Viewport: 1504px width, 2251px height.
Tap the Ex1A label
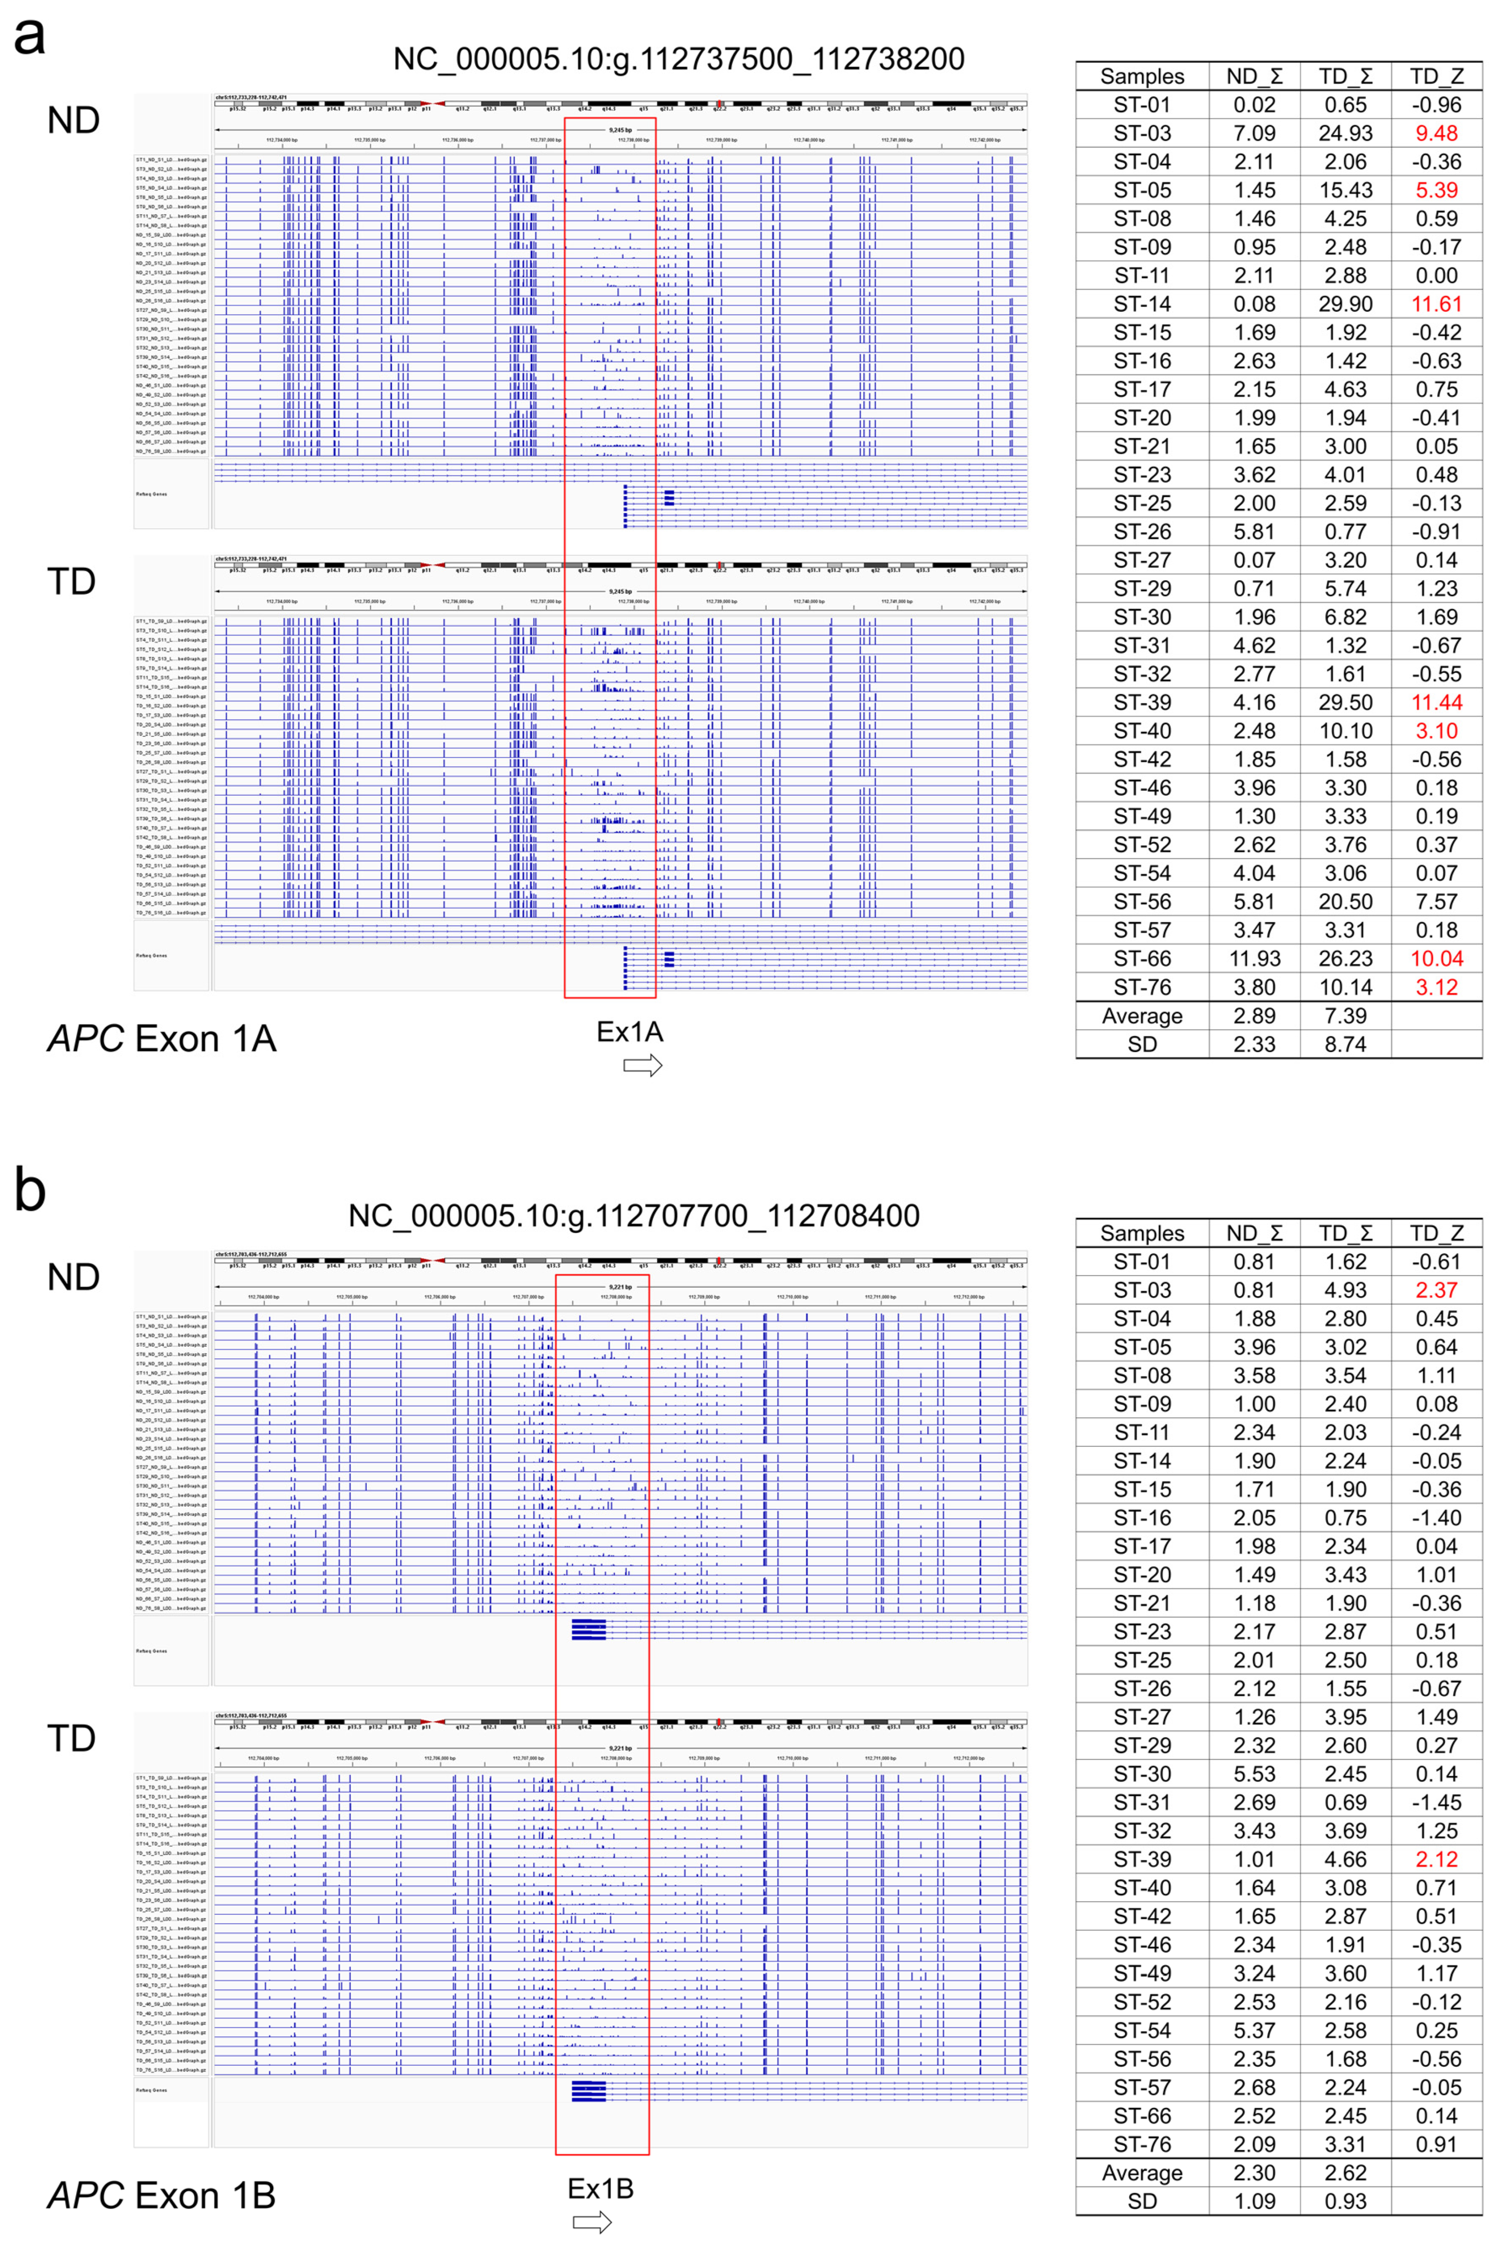click(x=629, y=1032)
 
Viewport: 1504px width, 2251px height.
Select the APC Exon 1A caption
click(x=161, y=1039)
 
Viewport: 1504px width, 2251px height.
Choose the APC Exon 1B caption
click(x=161, y=2195)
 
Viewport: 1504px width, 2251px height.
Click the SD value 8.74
click(x=1345, y=1045)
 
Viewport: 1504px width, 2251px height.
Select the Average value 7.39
click(x=1345, y=1016)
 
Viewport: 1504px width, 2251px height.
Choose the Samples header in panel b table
click(x=1141, y=1234)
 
